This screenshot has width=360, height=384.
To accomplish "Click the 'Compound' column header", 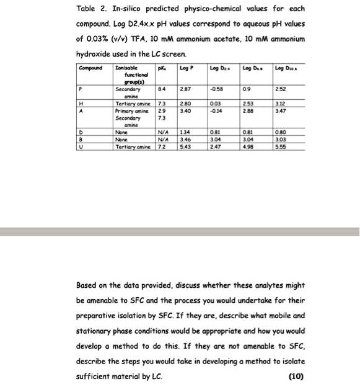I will click(x=91, y=66).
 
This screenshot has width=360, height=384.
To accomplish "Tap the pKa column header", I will click(x=160, y=66).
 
